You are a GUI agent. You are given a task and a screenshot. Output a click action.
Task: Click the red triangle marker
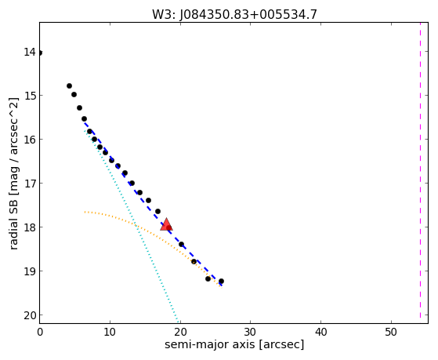(166, 224)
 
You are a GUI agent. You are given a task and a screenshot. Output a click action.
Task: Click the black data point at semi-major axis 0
(40, 53)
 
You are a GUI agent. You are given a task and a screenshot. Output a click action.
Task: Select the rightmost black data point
(221, 281)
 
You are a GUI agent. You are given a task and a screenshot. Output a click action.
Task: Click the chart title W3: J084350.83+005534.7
(234, 15)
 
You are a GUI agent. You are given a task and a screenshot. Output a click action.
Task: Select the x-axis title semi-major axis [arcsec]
(234, 344)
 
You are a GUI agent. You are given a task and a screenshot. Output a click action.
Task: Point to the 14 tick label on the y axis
(30, 52)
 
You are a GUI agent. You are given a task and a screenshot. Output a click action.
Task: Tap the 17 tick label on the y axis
(30, 184)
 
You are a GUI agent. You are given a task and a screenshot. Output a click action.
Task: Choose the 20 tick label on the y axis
(30, 315)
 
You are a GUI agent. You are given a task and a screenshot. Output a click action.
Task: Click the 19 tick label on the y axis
(30, 271)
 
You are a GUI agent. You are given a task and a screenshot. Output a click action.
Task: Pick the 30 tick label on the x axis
(250, 332)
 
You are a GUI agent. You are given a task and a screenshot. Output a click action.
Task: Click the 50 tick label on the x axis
(391, 332)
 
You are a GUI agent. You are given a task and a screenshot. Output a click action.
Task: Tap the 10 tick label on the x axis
(110, 332)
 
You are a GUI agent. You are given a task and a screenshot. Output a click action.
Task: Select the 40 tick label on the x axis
(320, 332)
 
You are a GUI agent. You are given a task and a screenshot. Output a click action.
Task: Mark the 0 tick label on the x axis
(40, 332)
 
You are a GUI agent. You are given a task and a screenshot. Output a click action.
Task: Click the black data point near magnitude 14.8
(69, 85)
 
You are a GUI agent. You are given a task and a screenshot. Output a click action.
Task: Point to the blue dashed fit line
(153, 204)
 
